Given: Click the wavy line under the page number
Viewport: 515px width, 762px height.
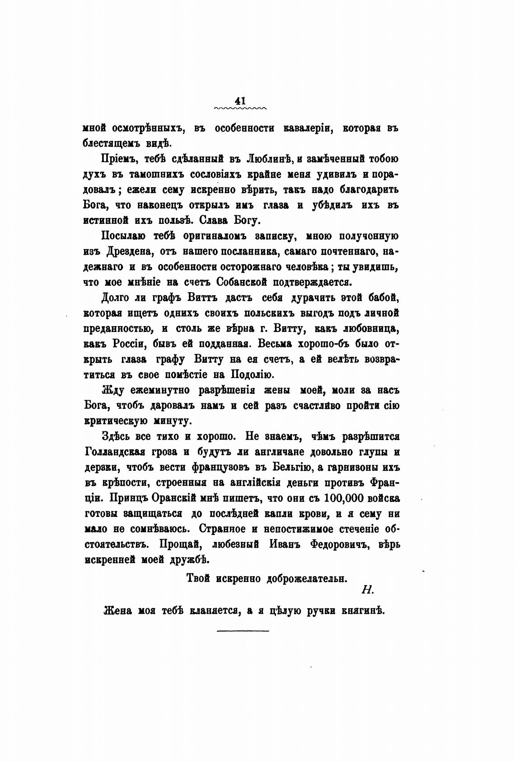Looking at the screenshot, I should [241, 109].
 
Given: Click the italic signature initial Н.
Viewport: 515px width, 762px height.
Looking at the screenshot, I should [366, 589].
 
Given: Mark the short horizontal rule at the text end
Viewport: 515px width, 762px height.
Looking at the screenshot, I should [243, 630].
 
